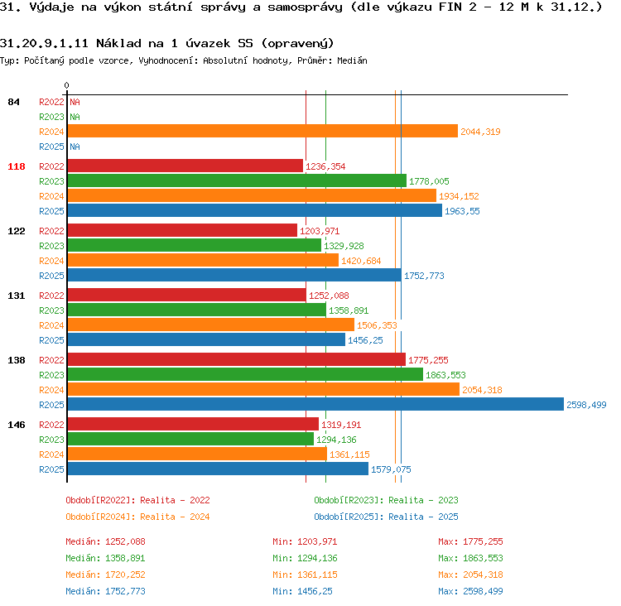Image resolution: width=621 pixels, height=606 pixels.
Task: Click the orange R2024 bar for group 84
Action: [x=263, y=131]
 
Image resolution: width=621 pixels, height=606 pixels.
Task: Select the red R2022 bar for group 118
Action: [x=185, y=166]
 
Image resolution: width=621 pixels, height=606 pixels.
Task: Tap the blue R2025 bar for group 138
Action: [x=315, y=404]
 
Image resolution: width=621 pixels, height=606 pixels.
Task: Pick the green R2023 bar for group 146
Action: [x=191, y=440]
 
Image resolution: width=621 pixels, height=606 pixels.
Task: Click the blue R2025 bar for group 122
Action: [x=235, y=276]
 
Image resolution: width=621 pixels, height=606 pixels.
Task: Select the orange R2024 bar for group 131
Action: [x=211, y=325]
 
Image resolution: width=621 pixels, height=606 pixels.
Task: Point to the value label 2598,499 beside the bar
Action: [x=586, y=405]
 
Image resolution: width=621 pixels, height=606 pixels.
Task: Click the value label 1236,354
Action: [x=325, y=166]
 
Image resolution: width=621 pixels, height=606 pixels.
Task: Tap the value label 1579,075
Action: [x=391, y=469]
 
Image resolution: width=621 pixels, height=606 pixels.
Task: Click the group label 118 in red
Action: [x=17, y=166]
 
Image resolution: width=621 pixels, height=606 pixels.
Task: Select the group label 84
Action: [x=13, y=102]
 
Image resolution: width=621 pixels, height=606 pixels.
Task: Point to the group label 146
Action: [x=17, y=425]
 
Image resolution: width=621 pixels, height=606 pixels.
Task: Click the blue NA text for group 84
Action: [x=75, y=147]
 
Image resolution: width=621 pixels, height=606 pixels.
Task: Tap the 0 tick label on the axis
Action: [x=66, y=85]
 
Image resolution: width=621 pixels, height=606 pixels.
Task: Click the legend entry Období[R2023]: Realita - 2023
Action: [x=386, y=500]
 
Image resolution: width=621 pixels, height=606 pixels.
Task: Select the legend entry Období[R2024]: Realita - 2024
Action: [x=137, y=517]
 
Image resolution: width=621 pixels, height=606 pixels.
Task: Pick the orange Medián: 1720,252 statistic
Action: [x=105, y=575]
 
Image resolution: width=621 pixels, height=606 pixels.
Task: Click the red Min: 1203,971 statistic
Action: [x=305, y=541]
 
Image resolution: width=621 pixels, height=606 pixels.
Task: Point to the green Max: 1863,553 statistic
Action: [x=470, y=558]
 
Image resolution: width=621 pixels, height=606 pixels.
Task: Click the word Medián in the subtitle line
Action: [x=352, y=60]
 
